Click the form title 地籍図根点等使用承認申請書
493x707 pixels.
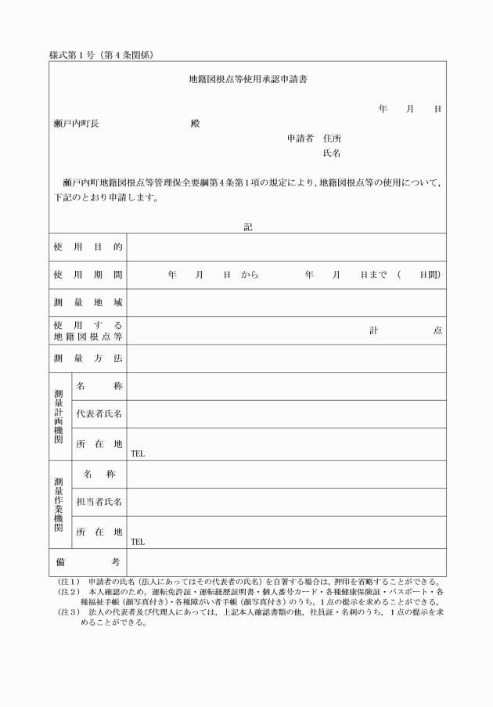[247, 79]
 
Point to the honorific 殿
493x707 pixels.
[195, 124]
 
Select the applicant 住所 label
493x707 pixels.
[332, 139]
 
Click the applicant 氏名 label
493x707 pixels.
[332, 153]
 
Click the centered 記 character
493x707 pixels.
[247, 227]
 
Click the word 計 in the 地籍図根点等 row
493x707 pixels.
[374, 330]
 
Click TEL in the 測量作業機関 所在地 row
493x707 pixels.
[138, 541]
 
